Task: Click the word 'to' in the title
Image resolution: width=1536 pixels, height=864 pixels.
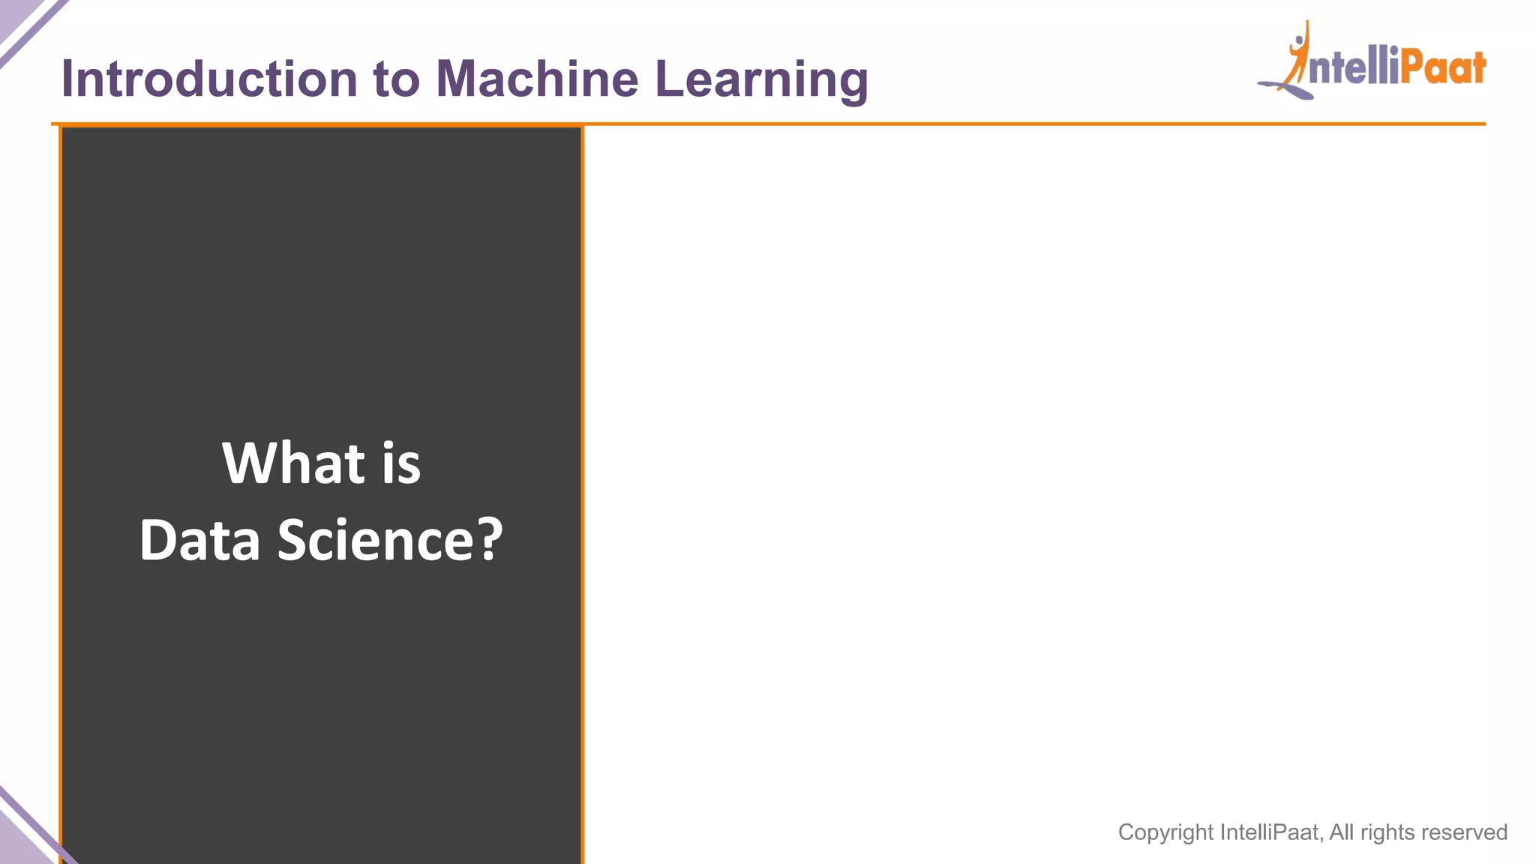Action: click(x=396, y=79)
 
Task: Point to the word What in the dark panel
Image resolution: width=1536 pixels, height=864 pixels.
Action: click(x=293, y=463)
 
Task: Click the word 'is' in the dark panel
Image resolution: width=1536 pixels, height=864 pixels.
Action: click(x=401, y=463)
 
